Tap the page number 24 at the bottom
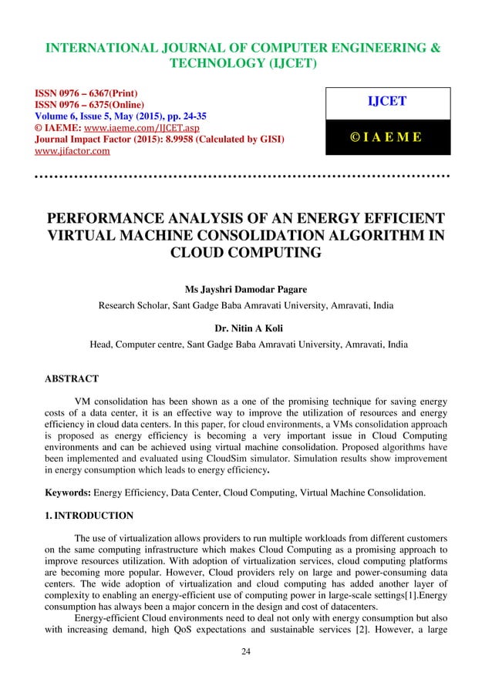pos(246,673)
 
